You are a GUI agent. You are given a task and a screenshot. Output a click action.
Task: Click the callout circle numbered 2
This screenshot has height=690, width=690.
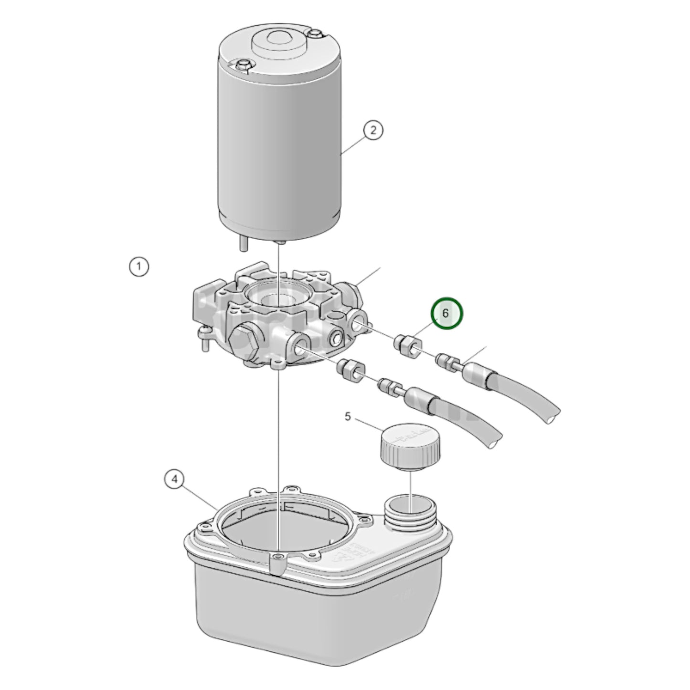click(373, 130)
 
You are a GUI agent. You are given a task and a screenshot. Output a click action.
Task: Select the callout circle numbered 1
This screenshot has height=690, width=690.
click(139, 266)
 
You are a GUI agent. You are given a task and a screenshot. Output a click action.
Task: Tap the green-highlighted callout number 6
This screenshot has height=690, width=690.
click(447, 313)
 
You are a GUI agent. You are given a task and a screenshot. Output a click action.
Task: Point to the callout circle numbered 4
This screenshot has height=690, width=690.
click(175, 479)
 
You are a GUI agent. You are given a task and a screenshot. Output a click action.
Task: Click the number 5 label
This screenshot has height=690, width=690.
click(348, 416)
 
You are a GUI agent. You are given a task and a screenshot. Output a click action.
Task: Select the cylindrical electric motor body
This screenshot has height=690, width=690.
click(279, 143)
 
